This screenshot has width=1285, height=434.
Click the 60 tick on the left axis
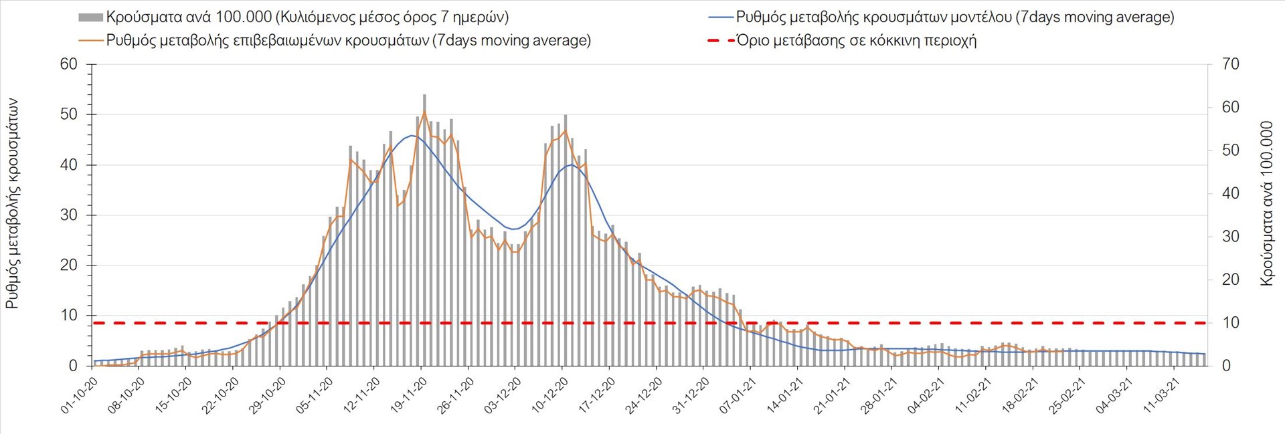(69, 64)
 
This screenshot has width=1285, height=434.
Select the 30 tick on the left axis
(69, 215)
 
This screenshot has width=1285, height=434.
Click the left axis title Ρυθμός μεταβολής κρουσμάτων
(12, 203)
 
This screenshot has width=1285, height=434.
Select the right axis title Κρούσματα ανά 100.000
(1267, 203)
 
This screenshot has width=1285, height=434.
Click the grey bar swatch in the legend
(90, 17)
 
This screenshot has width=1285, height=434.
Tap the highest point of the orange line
(424, 111)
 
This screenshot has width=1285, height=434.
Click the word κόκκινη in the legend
(883, 41)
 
